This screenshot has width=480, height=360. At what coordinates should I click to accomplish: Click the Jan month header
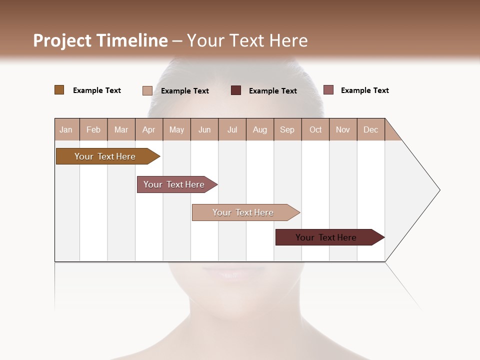point(66,129)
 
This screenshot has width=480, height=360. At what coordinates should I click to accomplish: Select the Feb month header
point(93,129)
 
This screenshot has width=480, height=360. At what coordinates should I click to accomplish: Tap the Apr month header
point(149,129)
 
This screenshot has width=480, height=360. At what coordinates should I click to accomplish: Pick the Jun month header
point(204,129)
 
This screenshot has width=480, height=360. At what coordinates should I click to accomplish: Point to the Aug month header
point(260,129)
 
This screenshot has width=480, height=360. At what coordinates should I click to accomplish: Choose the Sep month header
point(287,129)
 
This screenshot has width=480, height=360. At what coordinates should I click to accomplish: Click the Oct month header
point(315,129)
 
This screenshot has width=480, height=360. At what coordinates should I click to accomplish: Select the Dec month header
point(371,129)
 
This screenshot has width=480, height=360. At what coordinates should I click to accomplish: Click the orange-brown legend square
point(59,90)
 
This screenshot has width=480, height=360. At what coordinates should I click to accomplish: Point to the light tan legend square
point(147,90)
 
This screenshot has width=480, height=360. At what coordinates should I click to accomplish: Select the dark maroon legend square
point(235,90)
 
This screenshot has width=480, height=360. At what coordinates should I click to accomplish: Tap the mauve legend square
point(328,90)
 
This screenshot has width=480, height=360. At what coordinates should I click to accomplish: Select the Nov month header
point(343,129)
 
